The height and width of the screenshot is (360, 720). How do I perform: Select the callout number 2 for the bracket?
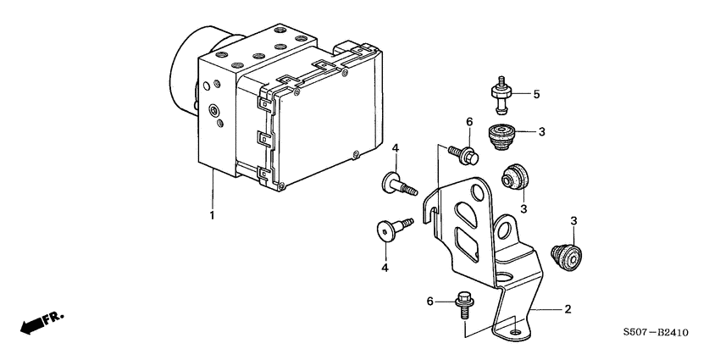[568, 310]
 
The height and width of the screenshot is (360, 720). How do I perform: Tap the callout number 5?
[535, 94]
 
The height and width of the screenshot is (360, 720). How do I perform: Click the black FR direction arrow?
[32, 324]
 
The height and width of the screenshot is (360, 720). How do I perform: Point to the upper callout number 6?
[468, 123]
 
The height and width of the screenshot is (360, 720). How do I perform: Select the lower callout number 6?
[430, 302]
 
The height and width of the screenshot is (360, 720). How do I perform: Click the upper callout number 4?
[395, 151]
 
